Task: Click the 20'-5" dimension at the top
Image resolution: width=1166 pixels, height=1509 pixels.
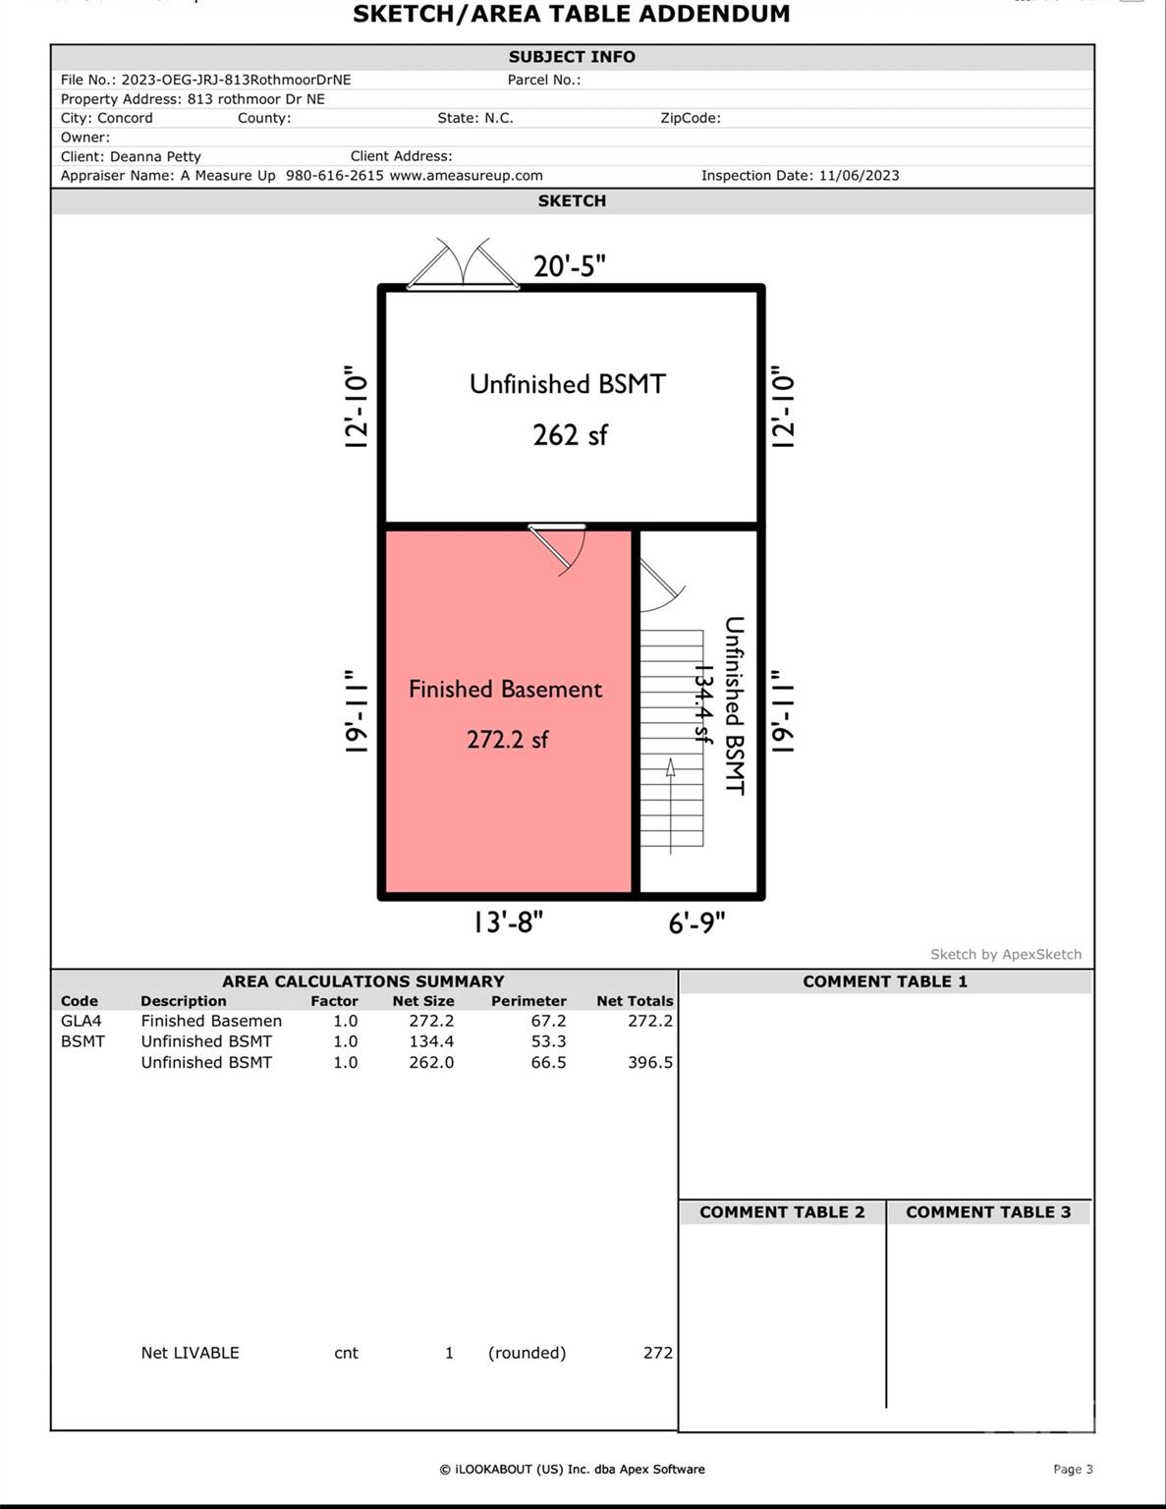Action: (569, 266)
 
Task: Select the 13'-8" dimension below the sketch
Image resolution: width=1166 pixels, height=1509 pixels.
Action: (507, 922)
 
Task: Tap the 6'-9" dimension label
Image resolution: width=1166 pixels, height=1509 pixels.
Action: (696, 922)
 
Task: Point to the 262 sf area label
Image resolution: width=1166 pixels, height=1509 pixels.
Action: (570, 434)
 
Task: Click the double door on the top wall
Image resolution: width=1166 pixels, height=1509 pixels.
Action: (463, 266)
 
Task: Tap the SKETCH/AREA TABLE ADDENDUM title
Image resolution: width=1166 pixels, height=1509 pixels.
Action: (571, 15)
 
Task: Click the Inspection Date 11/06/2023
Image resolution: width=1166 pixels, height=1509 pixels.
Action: (859, 176)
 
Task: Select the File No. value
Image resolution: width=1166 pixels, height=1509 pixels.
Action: (236, 80)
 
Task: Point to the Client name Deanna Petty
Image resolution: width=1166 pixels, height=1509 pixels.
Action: (155, 156)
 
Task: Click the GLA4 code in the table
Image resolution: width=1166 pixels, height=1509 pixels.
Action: (81, 1021)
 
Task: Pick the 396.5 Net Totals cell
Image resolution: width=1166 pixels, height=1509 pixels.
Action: (649, 1062)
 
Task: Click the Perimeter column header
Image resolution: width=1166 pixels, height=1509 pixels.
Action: (528, 1001)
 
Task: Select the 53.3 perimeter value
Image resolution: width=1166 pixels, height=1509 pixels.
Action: (548, 1041)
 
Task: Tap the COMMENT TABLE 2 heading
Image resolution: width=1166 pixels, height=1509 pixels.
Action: (782, 1212)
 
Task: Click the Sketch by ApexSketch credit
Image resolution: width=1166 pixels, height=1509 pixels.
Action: (1006, 954)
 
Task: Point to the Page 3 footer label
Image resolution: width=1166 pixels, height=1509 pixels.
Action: (1073, 1470)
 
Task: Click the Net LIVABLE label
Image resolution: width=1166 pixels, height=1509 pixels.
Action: (190, 1353)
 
